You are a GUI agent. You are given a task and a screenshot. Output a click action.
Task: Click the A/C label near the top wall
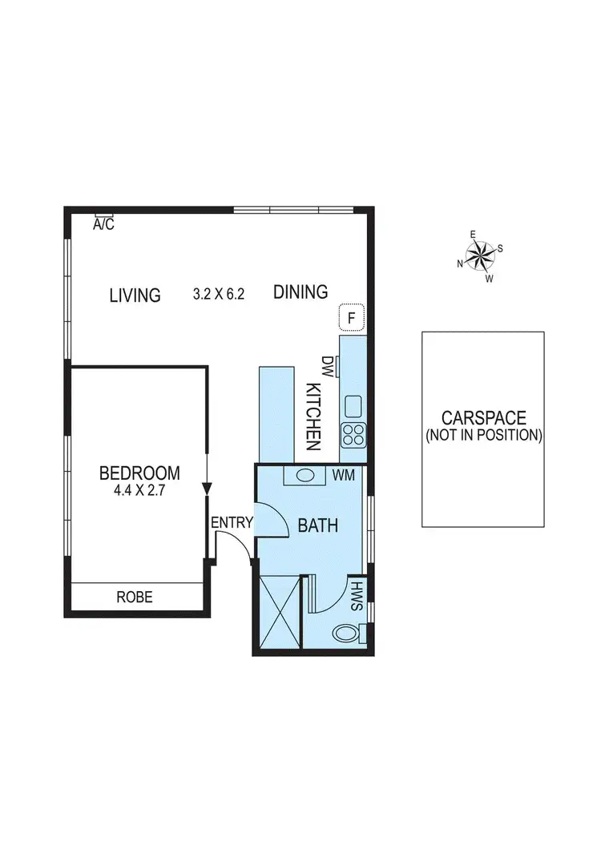click(104, 225)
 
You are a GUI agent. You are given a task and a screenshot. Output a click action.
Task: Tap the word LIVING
click(135, 296)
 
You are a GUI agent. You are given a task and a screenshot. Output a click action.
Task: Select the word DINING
click(300, 292)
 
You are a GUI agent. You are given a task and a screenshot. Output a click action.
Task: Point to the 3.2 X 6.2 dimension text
click(219, 294)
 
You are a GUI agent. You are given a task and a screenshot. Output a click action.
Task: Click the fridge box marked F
click(350, 318)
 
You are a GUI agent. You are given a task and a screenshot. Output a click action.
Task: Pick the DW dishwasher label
click(327, 366)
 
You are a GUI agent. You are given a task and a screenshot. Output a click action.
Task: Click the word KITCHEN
click(313, 417)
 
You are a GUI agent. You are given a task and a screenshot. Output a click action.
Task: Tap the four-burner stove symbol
click(353, 435)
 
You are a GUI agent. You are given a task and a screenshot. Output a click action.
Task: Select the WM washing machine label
click(344, 476)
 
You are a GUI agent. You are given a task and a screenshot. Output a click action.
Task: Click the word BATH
click(318, 526)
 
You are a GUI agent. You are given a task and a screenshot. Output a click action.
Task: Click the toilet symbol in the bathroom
click(349, 633)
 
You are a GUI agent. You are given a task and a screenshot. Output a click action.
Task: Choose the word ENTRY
click(232, 524)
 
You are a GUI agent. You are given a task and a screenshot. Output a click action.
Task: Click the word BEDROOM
click(139, 473)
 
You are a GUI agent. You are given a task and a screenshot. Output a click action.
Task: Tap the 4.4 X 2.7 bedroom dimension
click(139, 492)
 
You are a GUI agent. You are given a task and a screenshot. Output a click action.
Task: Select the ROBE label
click(135, 597)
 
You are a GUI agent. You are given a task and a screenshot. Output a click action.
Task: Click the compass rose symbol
click(481, 256)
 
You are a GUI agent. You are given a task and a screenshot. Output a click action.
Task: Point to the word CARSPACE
click(483, 418)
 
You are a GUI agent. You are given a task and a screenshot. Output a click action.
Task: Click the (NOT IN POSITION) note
click(483, 436)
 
